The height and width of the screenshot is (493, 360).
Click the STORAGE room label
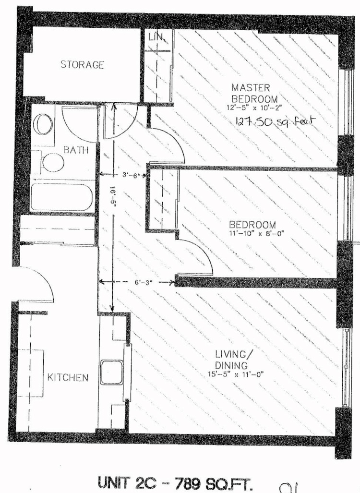pyautogui.click(x=82, y=65)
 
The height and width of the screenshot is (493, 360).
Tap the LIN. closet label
pyautogui.click(x=156, y=37)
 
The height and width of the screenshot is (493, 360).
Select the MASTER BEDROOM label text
pyautogui.click(x=255, y=93)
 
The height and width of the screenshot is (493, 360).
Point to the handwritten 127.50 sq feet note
pyautogui.click(x=275, y=121)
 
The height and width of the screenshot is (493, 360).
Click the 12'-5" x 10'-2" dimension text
pyautogui.click(x=254, y=107)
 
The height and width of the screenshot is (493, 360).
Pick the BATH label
pyautogui.click(x=76, y=150)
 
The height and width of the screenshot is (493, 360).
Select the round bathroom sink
pyautogui.click(x=43, y=124)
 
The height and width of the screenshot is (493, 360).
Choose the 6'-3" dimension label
pyautogui.click(x=144, y=282)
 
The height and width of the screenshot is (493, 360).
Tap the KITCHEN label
pyautogui.click(x=68, y=377)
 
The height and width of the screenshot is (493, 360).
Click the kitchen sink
pyautogui.click(x=112, y=373)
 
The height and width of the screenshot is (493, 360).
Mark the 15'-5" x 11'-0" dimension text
pyautogui.click(x=236, y=374)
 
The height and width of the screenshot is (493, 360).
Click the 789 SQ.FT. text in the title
pyautogui.click(x=214, y=483)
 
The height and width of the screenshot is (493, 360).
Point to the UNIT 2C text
pyautogui.click(x=130, y=483)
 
